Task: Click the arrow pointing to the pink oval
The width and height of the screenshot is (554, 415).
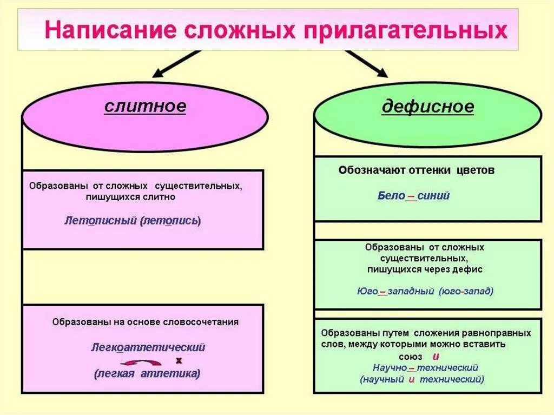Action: tap(174, 63)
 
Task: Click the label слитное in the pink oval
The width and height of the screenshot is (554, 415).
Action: tap(145, 106)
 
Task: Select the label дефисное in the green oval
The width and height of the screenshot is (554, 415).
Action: tap(427, 107)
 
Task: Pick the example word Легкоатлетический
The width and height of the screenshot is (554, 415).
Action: tap(148, 347)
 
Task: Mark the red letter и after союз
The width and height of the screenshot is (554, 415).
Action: tap(435, 356)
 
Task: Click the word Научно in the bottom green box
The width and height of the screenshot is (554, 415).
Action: tap(390, 368)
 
